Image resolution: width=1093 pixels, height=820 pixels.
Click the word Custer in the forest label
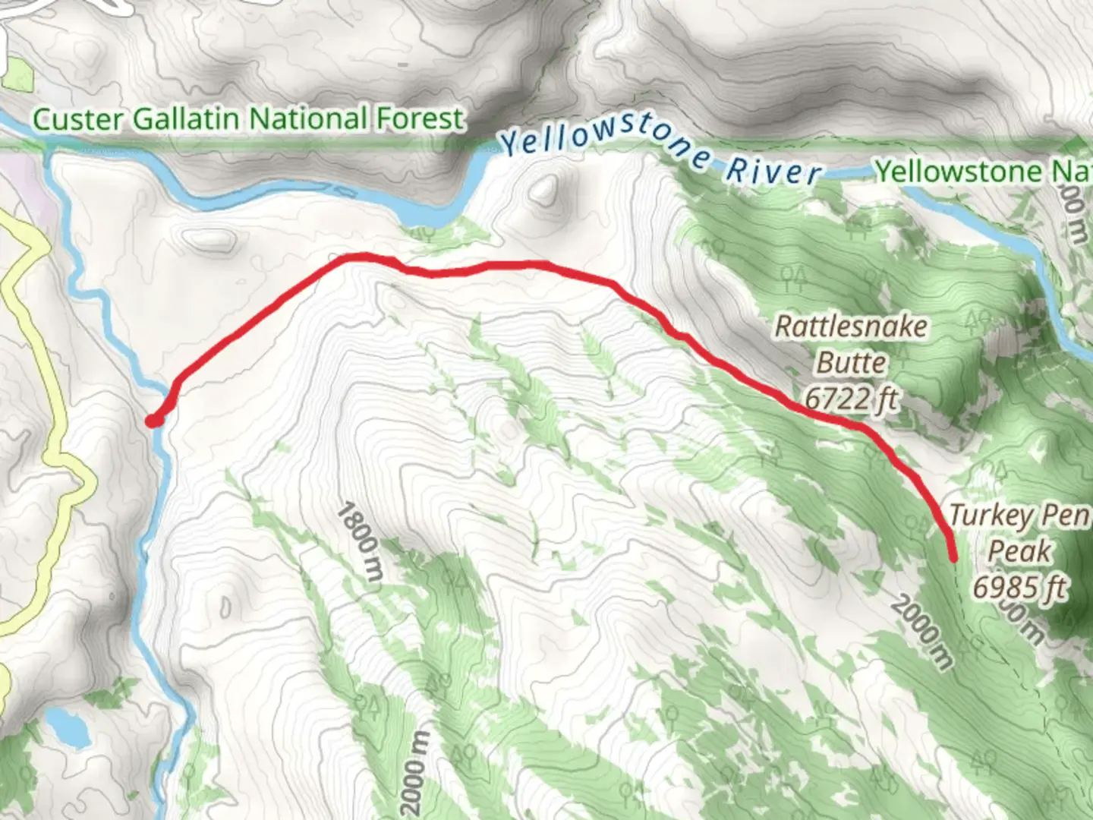79,119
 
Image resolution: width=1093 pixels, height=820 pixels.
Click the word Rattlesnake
851,327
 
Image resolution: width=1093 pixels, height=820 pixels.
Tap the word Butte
851,362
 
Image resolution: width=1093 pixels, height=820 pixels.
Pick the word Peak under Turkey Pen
1019,551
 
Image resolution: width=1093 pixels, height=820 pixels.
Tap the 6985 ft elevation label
1019,586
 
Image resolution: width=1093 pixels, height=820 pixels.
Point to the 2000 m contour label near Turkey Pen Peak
921,632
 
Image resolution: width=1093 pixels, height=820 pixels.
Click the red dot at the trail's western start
153,420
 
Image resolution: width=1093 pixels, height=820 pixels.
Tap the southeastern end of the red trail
953,558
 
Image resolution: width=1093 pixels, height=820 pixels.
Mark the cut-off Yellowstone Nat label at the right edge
983,172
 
